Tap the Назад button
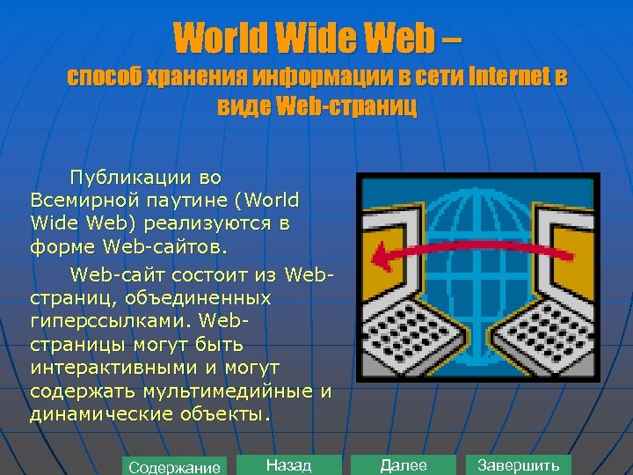tap(288, 465)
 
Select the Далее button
tap(404, 465)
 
